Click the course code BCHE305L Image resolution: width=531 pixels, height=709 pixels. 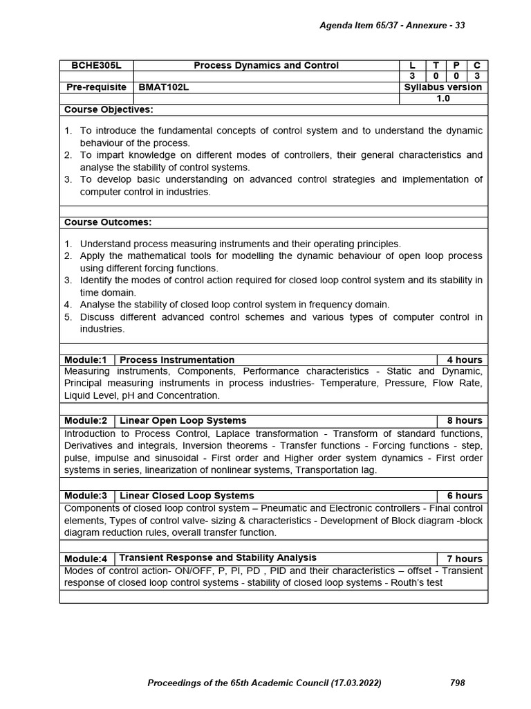96,65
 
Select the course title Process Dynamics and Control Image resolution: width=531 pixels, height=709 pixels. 266,65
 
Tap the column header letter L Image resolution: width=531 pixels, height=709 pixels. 413,65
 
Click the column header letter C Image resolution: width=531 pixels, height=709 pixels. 476,65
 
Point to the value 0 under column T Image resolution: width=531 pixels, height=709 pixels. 436,76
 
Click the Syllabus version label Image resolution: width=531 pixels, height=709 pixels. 443,87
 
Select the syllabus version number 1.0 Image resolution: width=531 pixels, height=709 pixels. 443,98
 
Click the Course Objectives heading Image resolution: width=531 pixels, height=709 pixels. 109,109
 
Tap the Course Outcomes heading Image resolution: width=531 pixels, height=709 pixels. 108,222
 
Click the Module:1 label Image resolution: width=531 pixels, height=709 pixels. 86,360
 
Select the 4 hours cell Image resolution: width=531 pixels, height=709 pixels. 464,360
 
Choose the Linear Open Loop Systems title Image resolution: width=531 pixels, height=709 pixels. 183,421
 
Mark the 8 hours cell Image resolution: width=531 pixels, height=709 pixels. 464,421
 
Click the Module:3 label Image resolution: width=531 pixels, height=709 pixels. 86,496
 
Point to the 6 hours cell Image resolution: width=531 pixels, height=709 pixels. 464,496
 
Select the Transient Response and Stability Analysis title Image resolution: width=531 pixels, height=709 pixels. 218,557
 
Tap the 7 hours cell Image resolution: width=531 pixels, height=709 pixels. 464,558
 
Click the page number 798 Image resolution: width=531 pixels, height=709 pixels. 457,683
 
